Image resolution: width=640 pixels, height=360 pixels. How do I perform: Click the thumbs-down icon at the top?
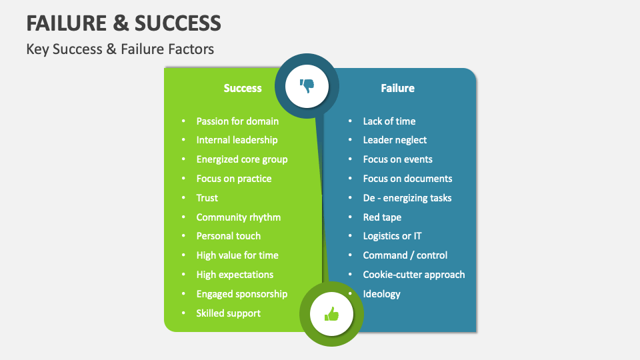coord(307,86)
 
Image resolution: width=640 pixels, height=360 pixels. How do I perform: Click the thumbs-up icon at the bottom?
coord(331,314)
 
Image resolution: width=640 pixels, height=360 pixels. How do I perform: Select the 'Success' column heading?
coord(243,88)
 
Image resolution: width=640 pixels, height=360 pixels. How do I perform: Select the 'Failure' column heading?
coord(397,88)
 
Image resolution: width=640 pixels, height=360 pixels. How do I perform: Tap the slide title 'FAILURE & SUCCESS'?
coord(123,23)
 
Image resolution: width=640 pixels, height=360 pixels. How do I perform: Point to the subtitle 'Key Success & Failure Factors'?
coord(120,49)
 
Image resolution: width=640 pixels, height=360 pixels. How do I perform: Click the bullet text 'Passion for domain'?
coord(237,121)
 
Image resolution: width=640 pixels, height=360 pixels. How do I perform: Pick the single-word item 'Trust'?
coord(207,198)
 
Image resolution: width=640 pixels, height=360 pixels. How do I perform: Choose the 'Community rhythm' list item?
coord(238,217)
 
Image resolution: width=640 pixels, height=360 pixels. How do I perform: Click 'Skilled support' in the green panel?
coord(228,313)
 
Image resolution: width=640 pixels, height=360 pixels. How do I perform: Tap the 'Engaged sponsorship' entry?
coord(241,294)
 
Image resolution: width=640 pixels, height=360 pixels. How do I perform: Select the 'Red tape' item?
coord(382,217)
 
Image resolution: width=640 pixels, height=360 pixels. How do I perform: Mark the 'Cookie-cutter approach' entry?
coord(413,275)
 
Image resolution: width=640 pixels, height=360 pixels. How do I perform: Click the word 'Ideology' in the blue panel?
coord(381,294)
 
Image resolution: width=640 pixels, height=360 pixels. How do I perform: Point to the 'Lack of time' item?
coord(389,121)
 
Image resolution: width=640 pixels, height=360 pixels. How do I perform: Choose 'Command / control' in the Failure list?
coord(405,255)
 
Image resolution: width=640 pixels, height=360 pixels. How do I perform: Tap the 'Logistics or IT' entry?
coord(392,236)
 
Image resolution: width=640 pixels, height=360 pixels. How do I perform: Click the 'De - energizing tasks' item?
coord(407,198)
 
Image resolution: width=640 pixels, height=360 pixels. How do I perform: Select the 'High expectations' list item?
coord(235,275)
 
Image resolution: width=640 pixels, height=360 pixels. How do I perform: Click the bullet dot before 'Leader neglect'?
coord(350,141)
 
